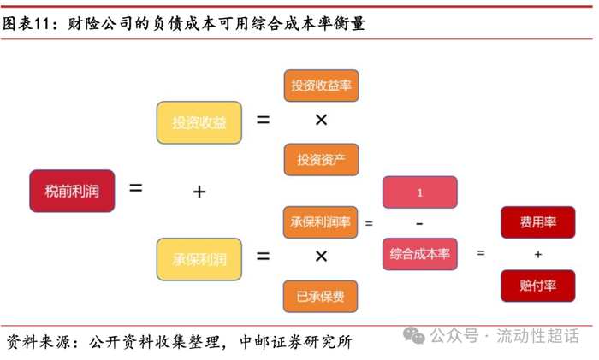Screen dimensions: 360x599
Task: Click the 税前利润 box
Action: [x=72, y=191]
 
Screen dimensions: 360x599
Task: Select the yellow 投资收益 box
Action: [x=199, y=122]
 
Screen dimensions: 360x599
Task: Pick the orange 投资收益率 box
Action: [x=321, y=86]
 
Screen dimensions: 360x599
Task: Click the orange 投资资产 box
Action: [x=321, y=160]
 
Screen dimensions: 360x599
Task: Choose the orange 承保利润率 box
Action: [x=321, y=222]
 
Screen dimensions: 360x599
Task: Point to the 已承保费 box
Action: [x=321, y=297]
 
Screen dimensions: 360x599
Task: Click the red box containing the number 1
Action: [x=419, y=192]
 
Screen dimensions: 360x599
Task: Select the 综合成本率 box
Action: [x=419, y=254]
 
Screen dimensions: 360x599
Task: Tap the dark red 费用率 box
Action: [x=537, y=222]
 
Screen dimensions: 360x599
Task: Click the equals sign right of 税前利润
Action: [x=135, y=186]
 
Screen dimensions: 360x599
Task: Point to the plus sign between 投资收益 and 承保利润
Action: [x=199, y=192]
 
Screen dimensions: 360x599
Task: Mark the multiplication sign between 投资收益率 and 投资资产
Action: [x=321, y=121]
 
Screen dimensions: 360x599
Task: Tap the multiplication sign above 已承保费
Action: [x=321, y=257]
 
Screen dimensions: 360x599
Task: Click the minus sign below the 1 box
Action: [x=419, y=223]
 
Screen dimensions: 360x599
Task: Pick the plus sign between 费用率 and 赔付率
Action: [x=537, y=254]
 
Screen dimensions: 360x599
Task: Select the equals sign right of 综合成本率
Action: [x=480, y=253]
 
